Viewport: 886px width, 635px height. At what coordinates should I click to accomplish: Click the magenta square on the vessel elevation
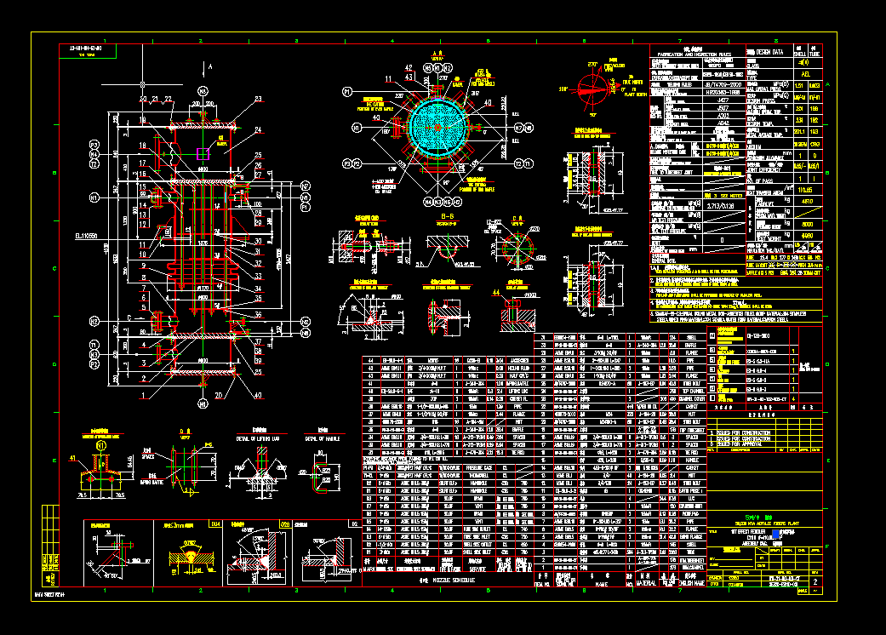(203, 153)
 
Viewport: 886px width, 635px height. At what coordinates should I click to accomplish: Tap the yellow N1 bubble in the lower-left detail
(101, 445)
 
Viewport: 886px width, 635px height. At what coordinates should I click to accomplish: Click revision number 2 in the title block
(815, 581)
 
